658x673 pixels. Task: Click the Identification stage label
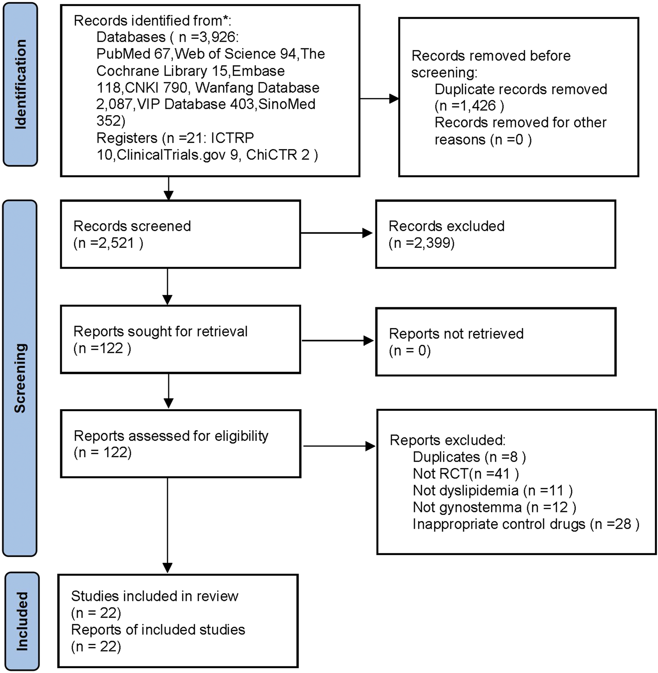[x=20, y=84]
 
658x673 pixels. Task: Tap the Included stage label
[x=22, y=621]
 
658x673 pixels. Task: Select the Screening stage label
[x=20, y=378]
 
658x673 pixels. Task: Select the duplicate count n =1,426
[x=469, y=106]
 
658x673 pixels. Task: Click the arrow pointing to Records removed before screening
[x=379, y=98]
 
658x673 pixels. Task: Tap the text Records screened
[x=132, y=226]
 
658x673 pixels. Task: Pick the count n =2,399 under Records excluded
[x=422, y=243]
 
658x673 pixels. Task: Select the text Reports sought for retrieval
[x=160, y=331]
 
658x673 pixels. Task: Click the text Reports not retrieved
[x=456, y=334]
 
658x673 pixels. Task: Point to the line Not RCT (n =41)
[x=466, y=474]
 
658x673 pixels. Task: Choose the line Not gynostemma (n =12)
[x=494, y=508]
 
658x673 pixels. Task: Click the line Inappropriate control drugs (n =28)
[x=526, y=524]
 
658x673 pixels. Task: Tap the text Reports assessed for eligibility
[x=171, y=436]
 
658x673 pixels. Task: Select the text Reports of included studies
[x=158, y=630]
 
